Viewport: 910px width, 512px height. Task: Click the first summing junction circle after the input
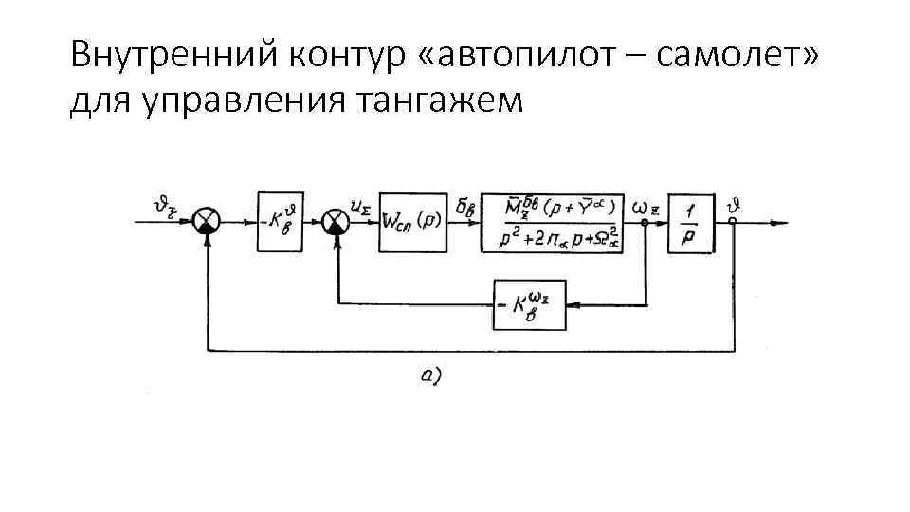click(x=206, y=223)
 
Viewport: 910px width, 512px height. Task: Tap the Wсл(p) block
click(x=411, y=223)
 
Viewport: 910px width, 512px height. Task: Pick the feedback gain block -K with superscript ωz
click(x=529, y=304)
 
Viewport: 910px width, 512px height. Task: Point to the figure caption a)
click(x=431, y=376)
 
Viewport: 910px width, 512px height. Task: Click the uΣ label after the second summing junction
click(x=361, y=206)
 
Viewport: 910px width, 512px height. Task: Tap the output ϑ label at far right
click(x=735, y=203)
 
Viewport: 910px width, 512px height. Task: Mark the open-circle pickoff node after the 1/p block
click(x=734, y=223)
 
